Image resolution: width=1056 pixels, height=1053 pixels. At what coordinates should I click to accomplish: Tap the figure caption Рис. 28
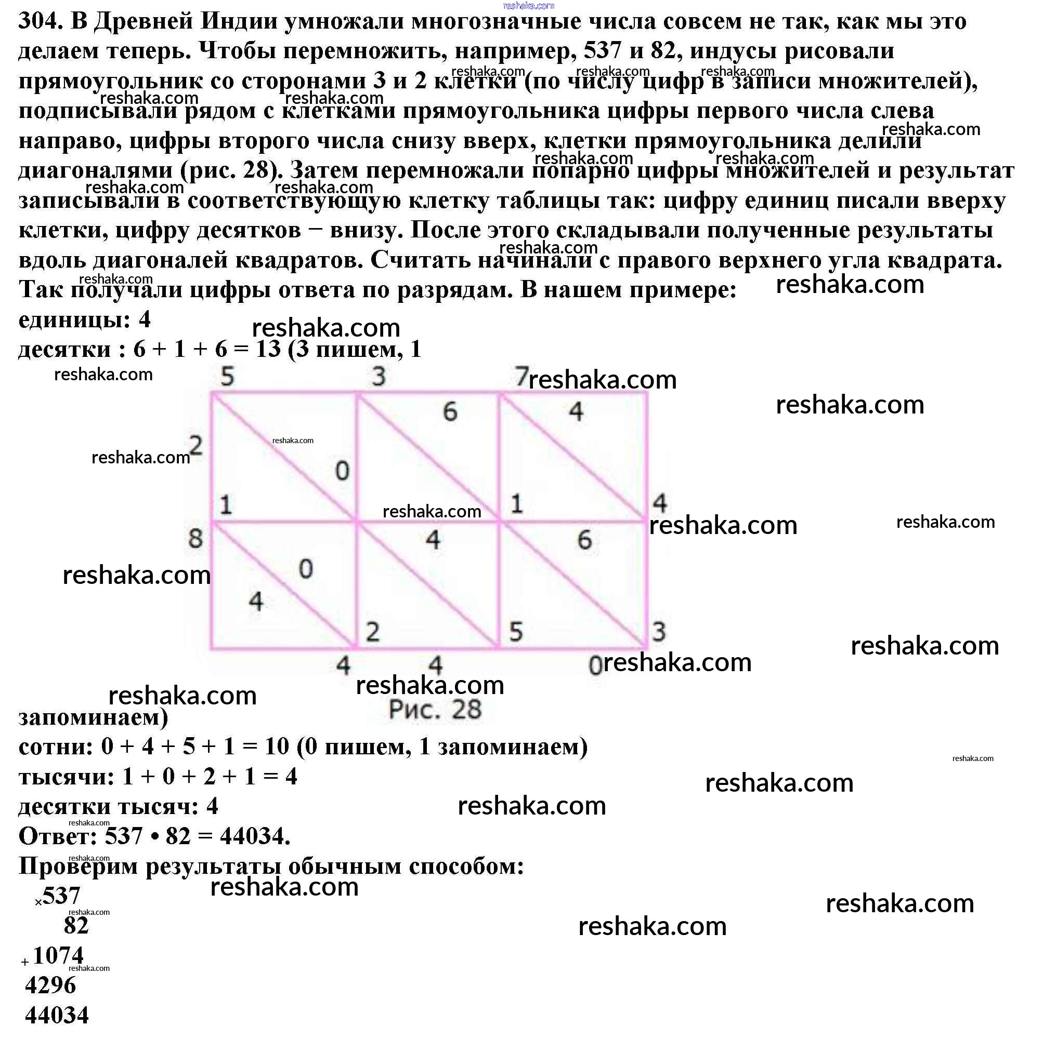pyautogui.click(x=435, y=710)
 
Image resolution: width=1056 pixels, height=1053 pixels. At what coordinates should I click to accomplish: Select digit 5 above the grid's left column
pyautogui.click(x=227, y=376)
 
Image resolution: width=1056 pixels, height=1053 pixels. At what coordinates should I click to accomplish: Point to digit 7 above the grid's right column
pyautogui.click(x=521, y=376)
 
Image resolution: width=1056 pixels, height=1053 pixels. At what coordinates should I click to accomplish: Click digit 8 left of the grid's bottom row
pyautogui.click(x=195, y=539)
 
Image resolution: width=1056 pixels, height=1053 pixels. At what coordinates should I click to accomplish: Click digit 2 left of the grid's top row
pyautogui.click(x=195, y=446)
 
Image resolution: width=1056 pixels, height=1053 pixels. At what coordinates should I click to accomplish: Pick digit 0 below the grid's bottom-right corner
pyautogui.click(x=595, y=666)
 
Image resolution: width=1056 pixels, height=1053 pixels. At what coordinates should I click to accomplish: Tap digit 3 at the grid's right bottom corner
pyautogui.click(x=659, y=632)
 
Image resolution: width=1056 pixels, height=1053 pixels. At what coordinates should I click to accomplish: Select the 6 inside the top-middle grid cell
pyautogui.click(x=449, y=411)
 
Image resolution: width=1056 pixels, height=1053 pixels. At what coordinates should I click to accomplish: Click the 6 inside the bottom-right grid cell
pyautogui.click(x=584, y=540)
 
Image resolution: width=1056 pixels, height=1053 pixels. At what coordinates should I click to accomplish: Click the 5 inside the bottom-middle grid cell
pyautogui.click(x=516, y=632)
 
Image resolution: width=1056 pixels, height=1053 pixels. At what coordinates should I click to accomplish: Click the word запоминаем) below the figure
pyautogui.click(x=93, y=717)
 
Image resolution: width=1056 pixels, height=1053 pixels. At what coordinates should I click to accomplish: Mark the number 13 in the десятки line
pyautogui.click(x=268, y=349)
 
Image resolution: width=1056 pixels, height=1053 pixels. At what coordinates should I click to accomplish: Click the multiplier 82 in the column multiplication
pyautogui.click(x=76, y=926)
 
